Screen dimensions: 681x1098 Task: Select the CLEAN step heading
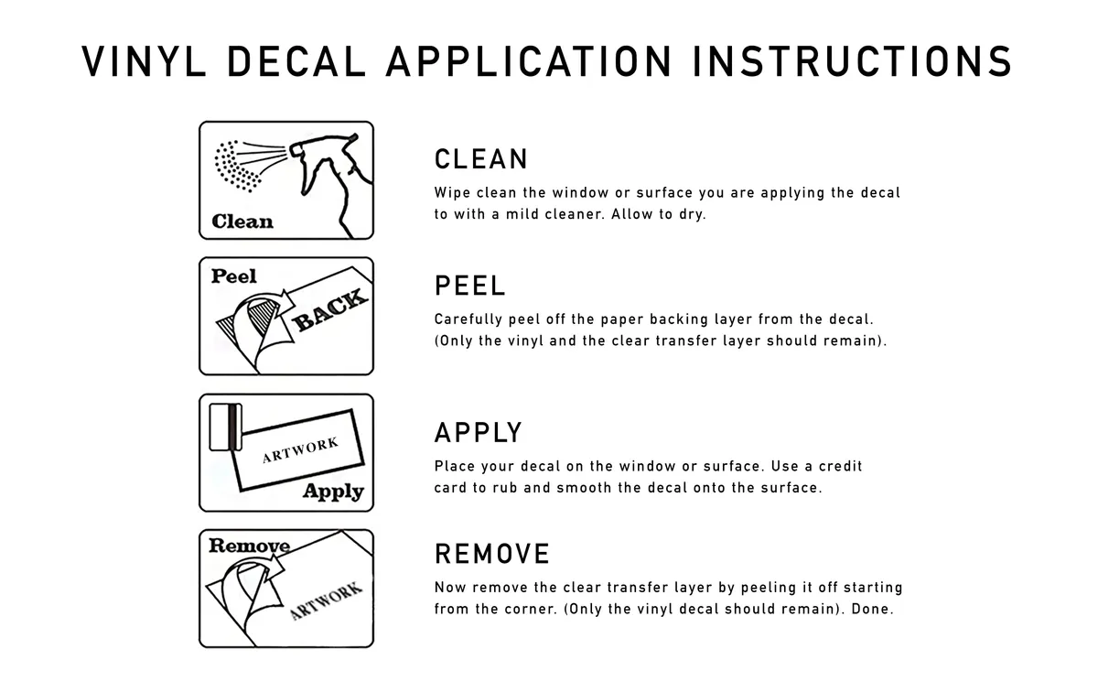(x=481, y=159)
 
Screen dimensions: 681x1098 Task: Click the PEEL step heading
(x=469, y=286)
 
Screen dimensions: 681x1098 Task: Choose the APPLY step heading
(x=479, y=432)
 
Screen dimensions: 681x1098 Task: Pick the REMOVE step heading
(x=492, y=554)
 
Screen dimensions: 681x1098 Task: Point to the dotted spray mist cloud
(x=238, y=165)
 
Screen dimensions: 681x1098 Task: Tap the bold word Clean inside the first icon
(x=242, y=222)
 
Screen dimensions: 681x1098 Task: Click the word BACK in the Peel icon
(x=331, y=310)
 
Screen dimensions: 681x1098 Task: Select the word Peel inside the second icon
(x=234, y=276)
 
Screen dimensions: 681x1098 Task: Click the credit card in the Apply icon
(x=221, y=427)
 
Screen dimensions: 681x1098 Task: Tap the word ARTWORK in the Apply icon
(x=300, y=450)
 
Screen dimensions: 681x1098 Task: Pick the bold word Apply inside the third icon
(x=333, y=492)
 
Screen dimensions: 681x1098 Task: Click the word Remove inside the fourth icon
(x=249, y=546)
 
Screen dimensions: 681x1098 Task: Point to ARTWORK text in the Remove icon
(x=326, y=600)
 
